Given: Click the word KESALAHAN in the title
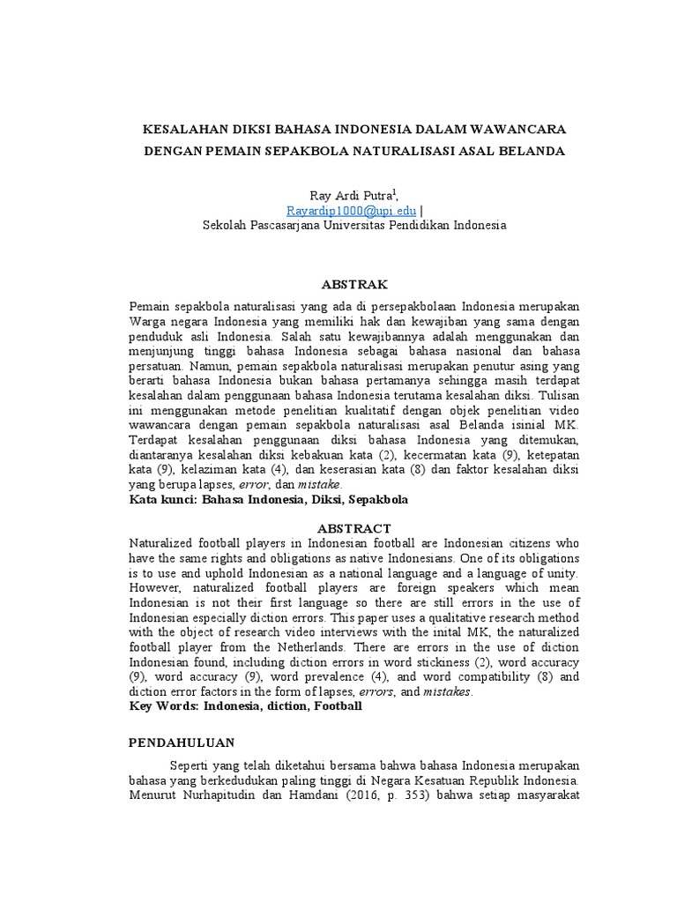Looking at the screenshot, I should [x=183, y=129].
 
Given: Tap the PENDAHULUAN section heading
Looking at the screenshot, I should [x=182, y=743].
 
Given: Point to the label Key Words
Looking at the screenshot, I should [x=163, y=706].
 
